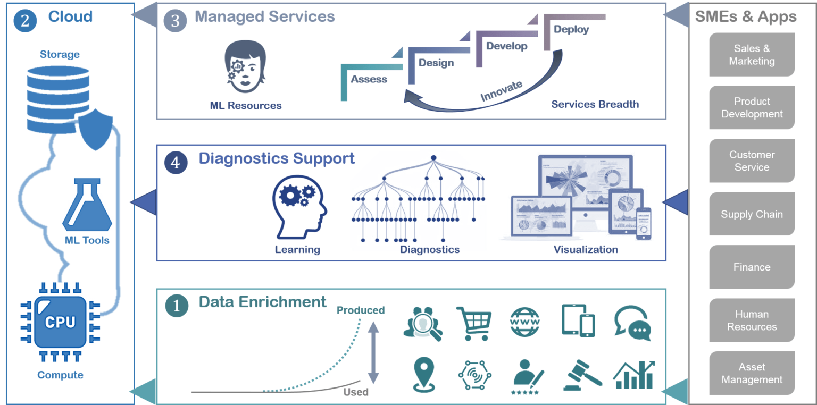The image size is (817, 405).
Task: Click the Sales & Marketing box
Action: (752, 55)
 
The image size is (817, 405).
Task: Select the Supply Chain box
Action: (752, 214)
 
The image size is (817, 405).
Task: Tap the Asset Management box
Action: (752, 373)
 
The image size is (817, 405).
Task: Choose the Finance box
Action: (752, 267)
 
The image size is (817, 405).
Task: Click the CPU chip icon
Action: (60, 322)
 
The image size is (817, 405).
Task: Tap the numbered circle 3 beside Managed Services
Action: (175, 21)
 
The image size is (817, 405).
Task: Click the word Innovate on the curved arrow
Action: (501, 91)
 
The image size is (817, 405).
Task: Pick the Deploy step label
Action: (571, 29)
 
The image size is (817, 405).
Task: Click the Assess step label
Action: (369, 79)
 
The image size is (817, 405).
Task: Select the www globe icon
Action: (524, 322)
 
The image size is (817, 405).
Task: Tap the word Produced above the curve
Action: (360, 310)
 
